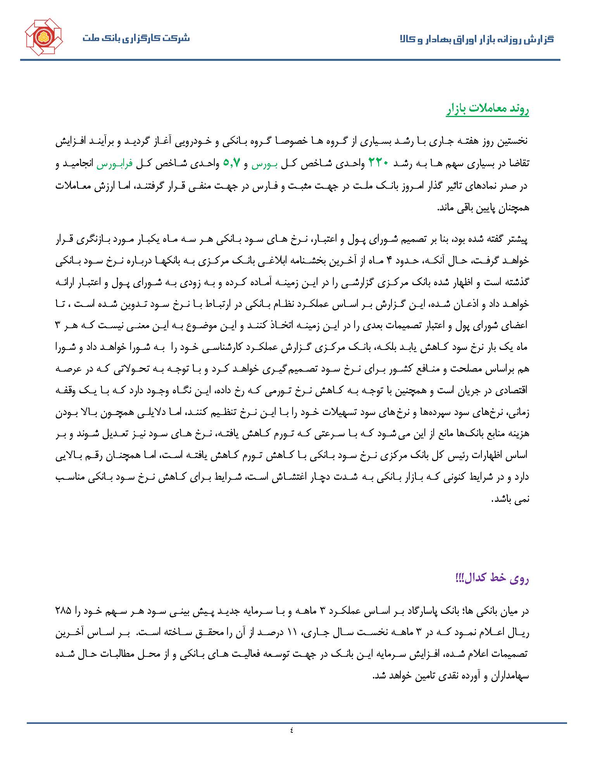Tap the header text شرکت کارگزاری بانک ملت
click(x=136, y=38)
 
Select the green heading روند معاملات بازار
click(x=487, y=110)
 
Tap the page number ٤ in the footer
click(x=291, y=730)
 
